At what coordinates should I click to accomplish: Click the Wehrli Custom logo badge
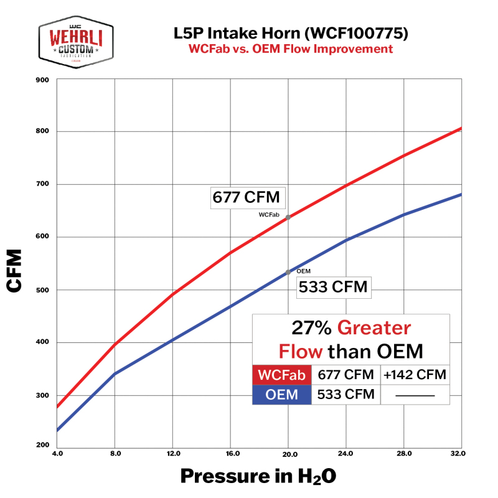tap(76, 42)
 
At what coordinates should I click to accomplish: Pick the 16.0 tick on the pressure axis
tap(230, 454)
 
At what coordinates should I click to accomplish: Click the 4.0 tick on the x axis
tap(57, 454)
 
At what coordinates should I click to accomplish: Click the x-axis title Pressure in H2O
tap(258, 476)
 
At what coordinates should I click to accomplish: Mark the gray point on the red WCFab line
tap(288, 217)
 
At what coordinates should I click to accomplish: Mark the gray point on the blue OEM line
tap(288, 272)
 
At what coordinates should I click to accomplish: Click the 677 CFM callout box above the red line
tap(247, 197)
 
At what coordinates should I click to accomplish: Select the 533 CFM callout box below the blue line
tap(332, 288)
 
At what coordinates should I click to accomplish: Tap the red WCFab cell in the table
tap(281, 375)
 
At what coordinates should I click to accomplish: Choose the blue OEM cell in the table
tap(281, 395)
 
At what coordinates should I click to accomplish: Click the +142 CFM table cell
tap(414, 375)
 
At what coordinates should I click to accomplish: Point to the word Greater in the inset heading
tap(374, 328)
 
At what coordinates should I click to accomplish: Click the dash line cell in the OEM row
tap(414, 395)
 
